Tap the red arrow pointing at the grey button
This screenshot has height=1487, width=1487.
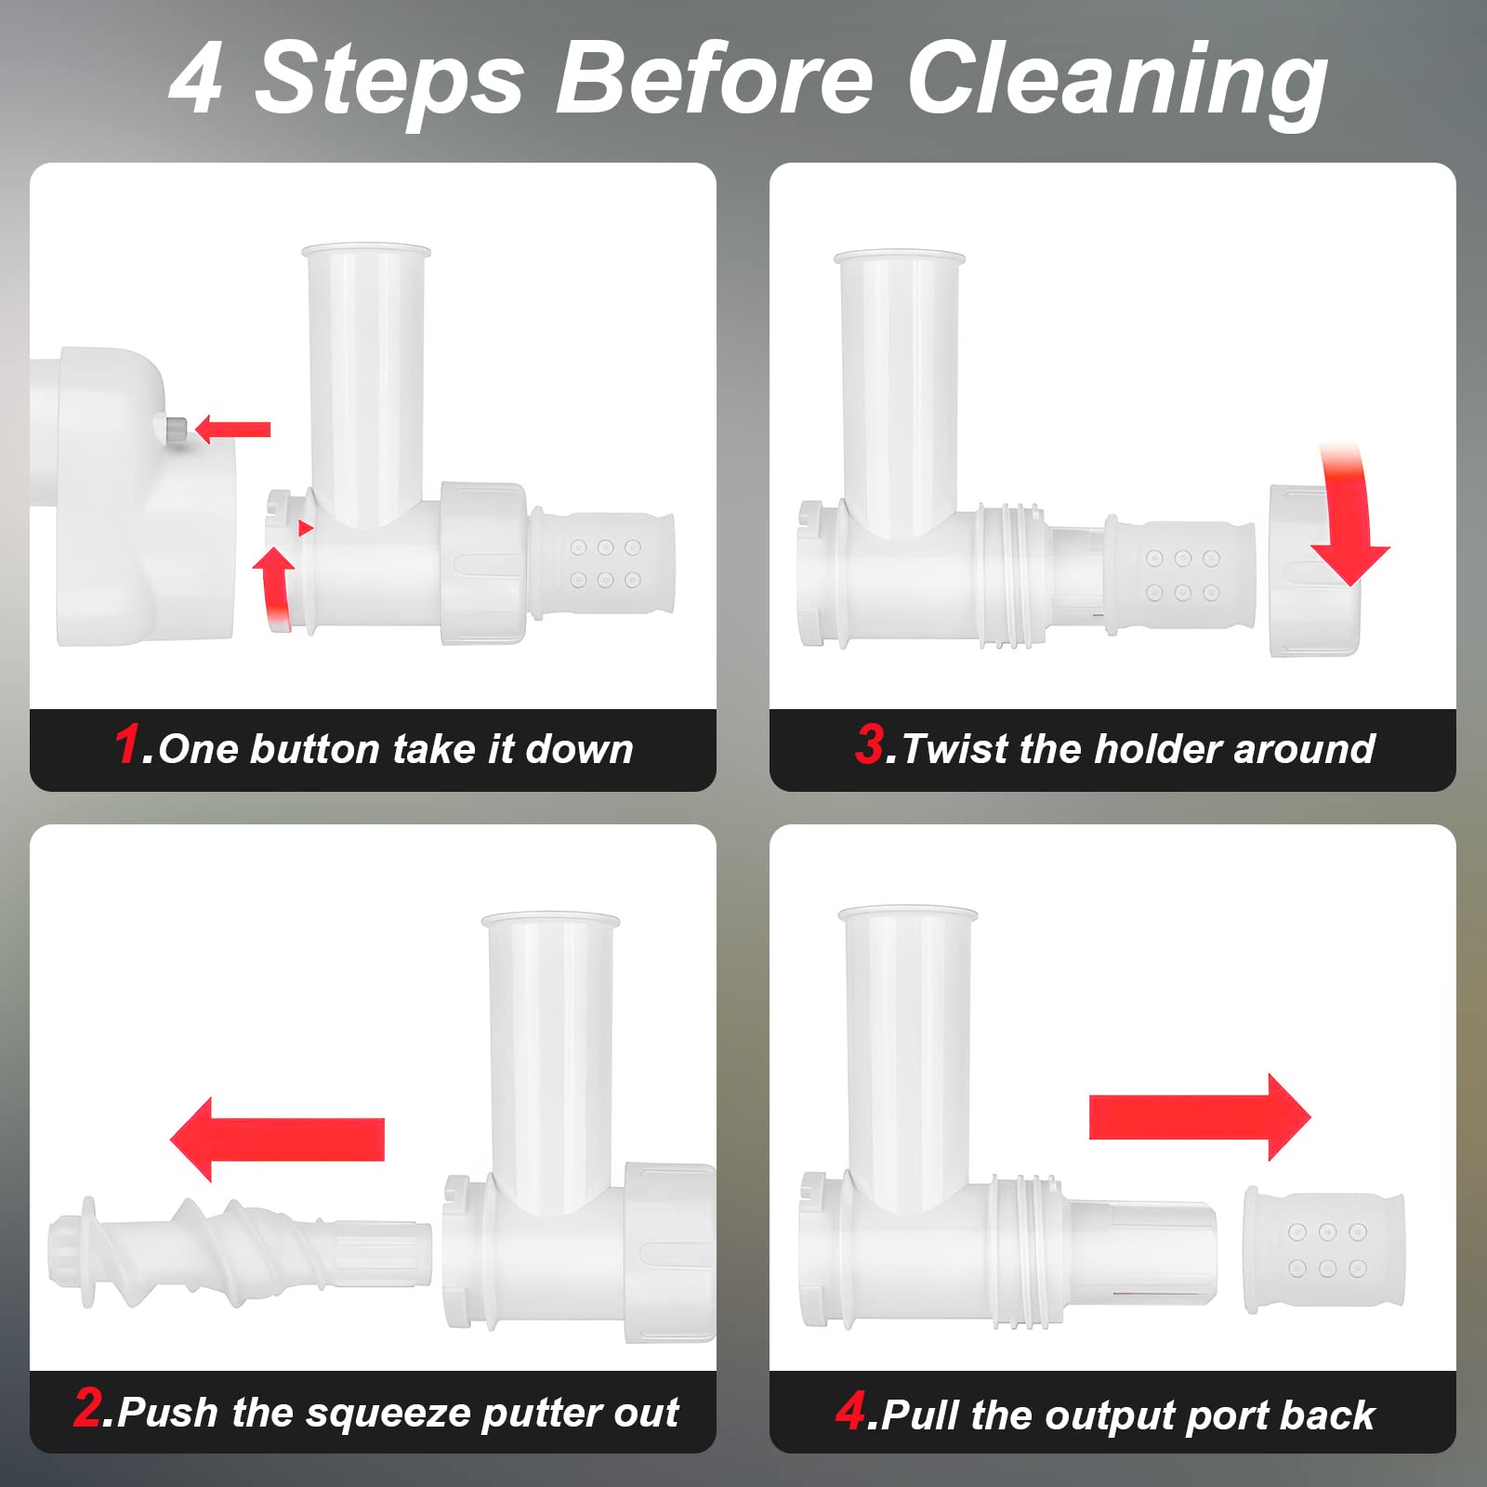coord(232,428)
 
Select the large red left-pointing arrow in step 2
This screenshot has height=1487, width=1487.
coord(277,1138)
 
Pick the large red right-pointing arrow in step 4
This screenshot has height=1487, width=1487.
coord(1199,1117)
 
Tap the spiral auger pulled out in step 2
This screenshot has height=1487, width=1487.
coord(240,1251)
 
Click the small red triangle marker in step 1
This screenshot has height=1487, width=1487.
coord(305,528)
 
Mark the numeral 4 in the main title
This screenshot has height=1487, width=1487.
coord(196,82)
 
